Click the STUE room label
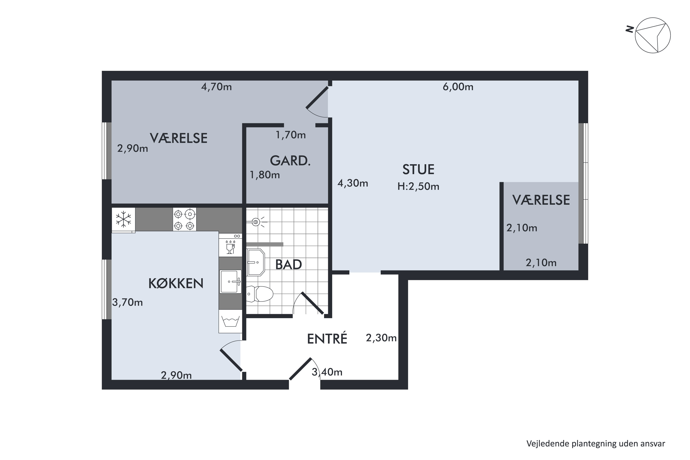418,170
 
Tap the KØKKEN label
176,283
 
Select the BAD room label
288,265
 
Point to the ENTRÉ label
327,339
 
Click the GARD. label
290,161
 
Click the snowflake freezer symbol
124,219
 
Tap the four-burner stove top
184,219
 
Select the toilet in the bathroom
260,294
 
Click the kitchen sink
231,282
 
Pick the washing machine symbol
230,321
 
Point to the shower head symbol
256,222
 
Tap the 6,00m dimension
458,87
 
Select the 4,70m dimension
216,87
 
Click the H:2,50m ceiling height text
418,186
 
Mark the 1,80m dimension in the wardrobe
265,175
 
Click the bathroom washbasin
256,262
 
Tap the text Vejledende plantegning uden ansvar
595,444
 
